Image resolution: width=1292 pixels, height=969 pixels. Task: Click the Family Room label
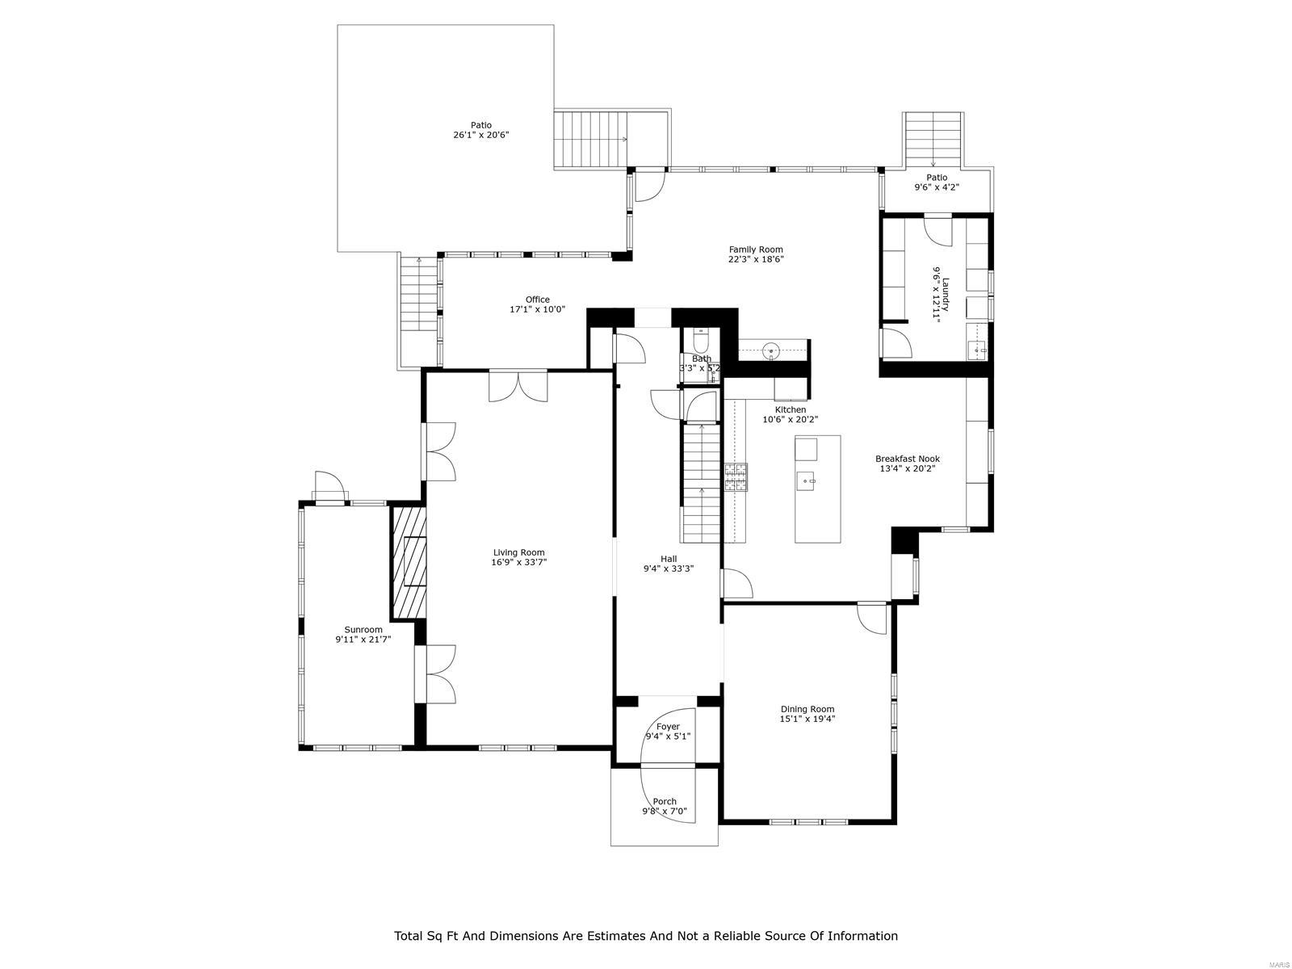pyautogui.click(x=756, y=250)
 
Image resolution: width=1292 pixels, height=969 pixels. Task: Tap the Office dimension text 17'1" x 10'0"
pyautogui.click(x=537, y=309)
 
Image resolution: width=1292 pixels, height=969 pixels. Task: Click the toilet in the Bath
pyautogui.click(x=700, y=337)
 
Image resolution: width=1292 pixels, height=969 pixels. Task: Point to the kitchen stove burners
pyautogui.click(x=736, y=477)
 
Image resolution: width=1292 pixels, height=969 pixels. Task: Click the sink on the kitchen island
pyautogui.click(x=807, y=482)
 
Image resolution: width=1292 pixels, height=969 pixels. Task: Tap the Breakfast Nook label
pyautogui.click(x=908, y=459)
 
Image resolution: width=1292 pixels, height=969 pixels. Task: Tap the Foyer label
pyautogui.click(x=668, y=727)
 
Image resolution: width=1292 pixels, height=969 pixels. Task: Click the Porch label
pyautogui.click(x=665, y=802)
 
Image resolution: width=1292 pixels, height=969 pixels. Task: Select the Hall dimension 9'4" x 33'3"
pyautogui.click(x=669, y=568)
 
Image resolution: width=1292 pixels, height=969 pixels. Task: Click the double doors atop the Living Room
pyautogui.click(x=518, y=386)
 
